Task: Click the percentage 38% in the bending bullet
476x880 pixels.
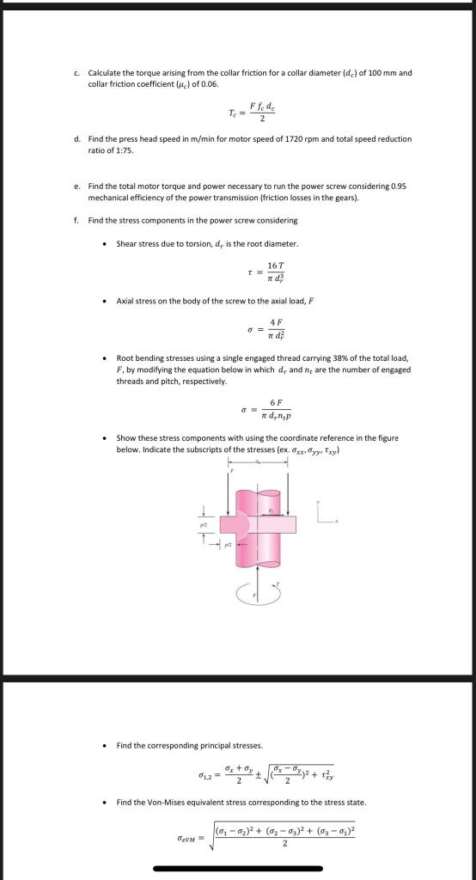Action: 344,358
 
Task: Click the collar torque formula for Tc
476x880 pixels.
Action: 251,111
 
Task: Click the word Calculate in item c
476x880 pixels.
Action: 104,73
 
